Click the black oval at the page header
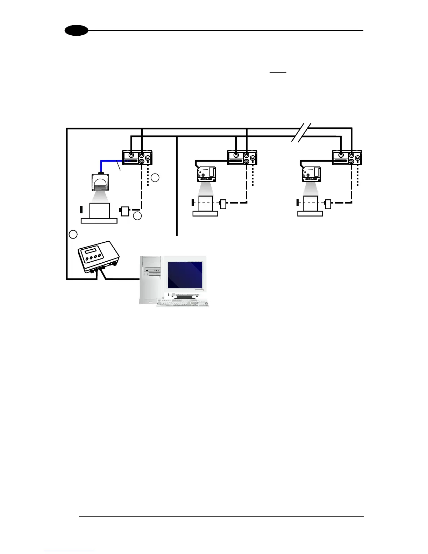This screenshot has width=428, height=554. [x=76, y=31]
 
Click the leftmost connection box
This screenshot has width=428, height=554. [x=137, y=158]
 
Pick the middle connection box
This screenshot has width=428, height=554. [x=242, y=158]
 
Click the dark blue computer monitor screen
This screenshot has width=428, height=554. [x=185, y=275]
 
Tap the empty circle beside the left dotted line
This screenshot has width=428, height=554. [x=156, y=178]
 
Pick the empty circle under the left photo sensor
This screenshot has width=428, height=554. [x=137, y=216]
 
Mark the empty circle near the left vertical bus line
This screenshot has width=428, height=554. [x=73, y=234]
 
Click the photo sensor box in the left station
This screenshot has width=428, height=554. [x=125, y=211]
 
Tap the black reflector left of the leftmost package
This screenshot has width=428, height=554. [x=80, y=210]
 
